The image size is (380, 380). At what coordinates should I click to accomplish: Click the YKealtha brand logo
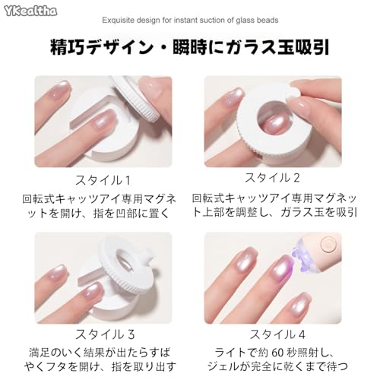pos(30,11)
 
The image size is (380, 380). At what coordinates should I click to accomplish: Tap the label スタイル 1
pos(103,180)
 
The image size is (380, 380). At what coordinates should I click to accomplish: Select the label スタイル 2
pos(272,177)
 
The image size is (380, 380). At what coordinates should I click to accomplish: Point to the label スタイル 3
pos(105,334)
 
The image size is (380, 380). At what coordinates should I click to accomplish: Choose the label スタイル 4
pos(277,334)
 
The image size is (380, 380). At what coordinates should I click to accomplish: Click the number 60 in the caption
pos(277,353)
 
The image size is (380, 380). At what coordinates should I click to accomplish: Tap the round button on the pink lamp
pos(328,245)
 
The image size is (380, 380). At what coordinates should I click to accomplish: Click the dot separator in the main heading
pos(163,48)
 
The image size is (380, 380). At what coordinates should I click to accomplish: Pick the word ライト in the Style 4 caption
pos(230,353)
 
